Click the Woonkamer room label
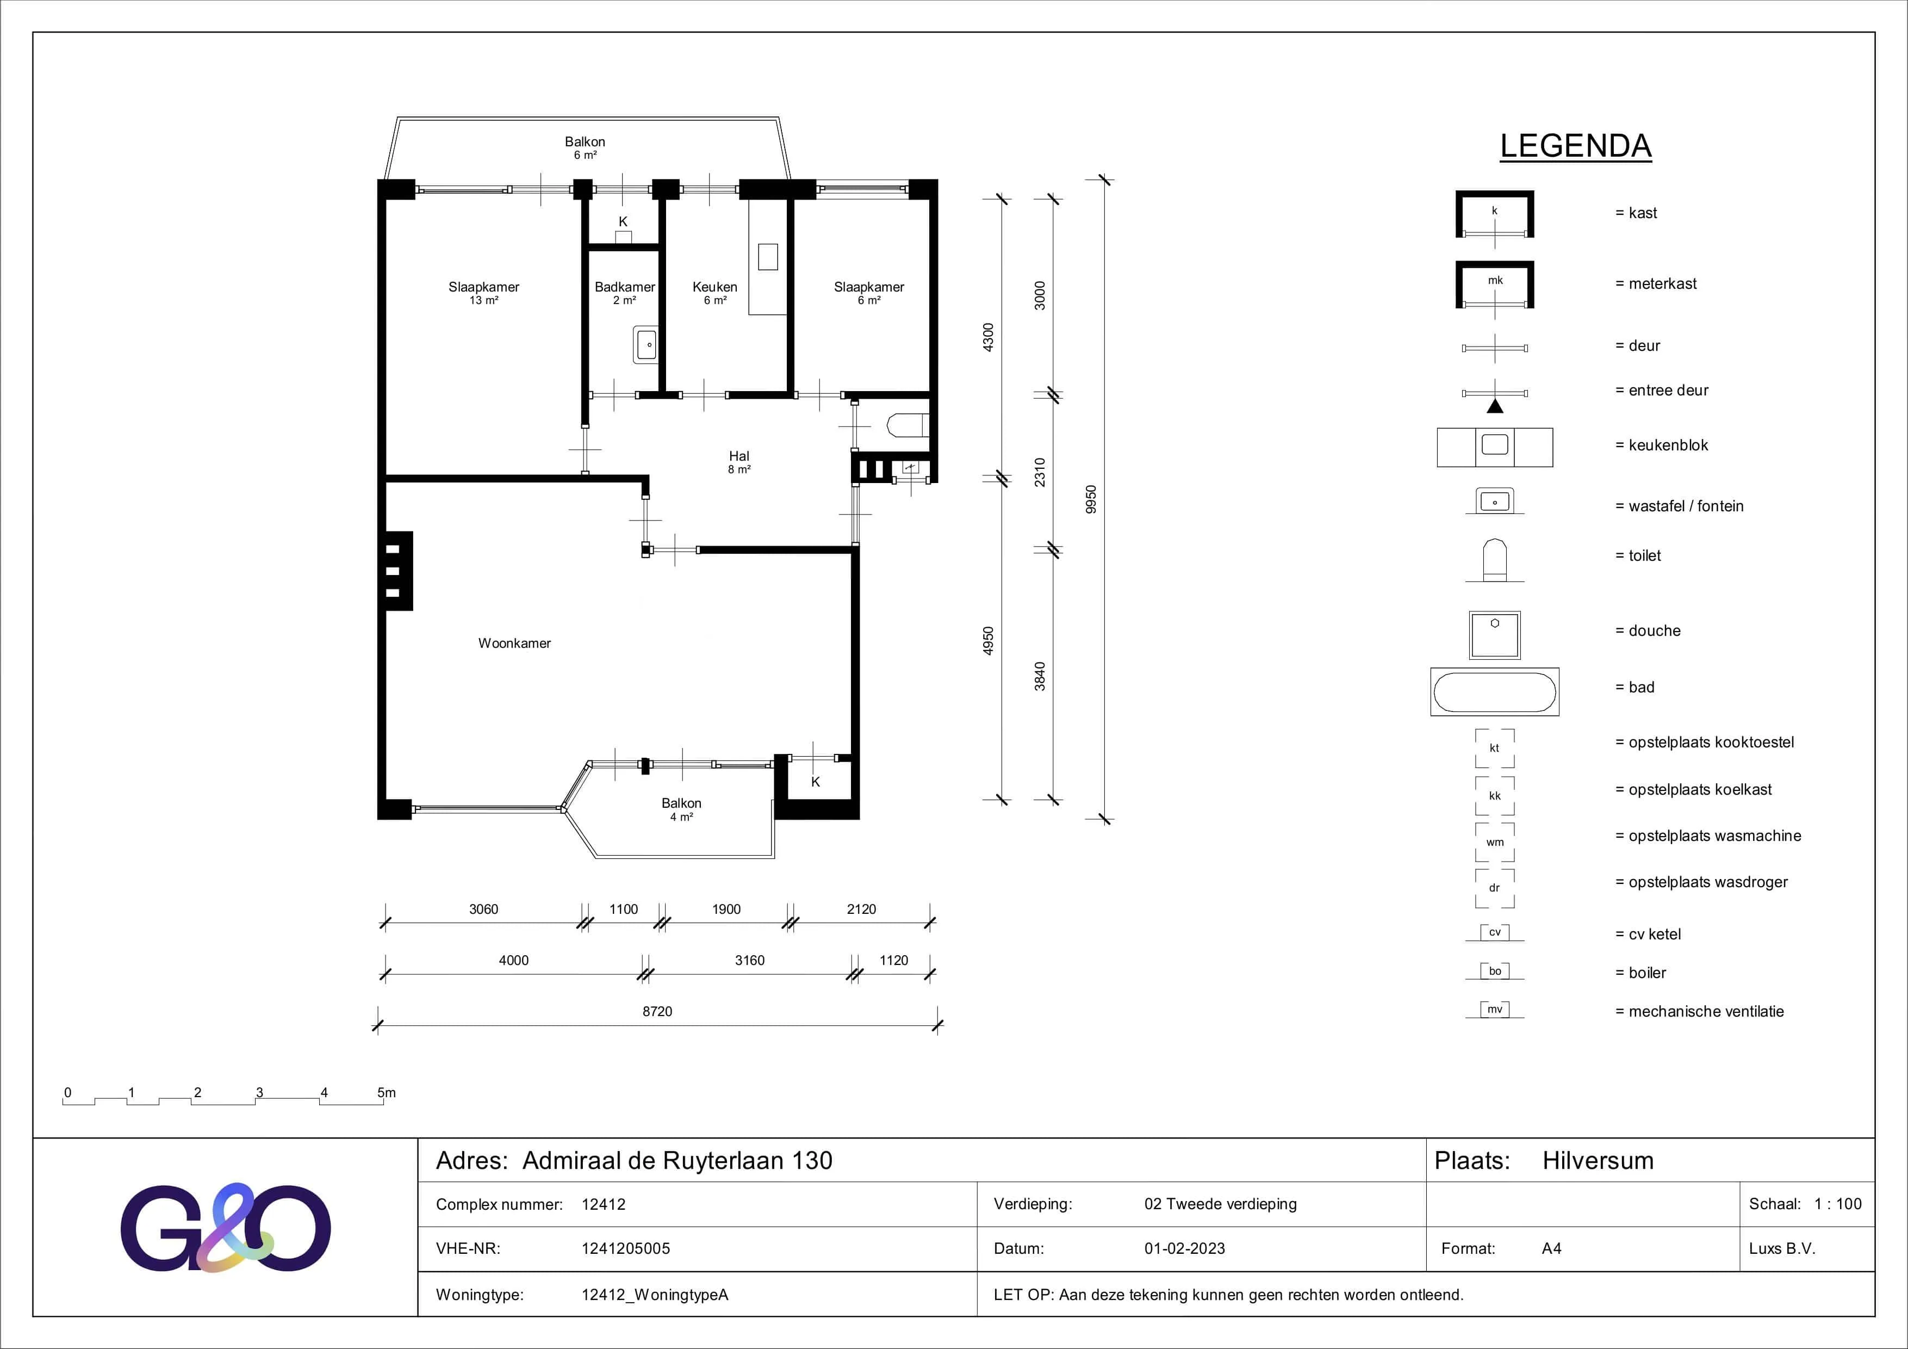click(514, 643)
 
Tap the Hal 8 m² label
click(739, 462)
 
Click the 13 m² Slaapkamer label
click(483, 293)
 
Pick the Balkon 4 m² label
click(681, 809)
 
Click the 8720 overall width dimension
click(657, 1012)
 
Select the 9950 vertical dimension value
click(1091, 499)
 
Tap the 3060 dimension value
click(483, 909)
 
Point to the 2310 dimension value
click(1040, 472)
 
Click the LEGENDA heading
click(1576, 146)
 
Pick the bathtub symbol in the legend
click(1494, 691)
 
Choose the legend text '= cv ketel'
click(1648, 935)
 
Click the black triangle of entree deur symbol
click(1495, 406)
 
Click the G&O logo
click(225, 1227)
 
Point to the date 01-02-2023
click(1184, 1248)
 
